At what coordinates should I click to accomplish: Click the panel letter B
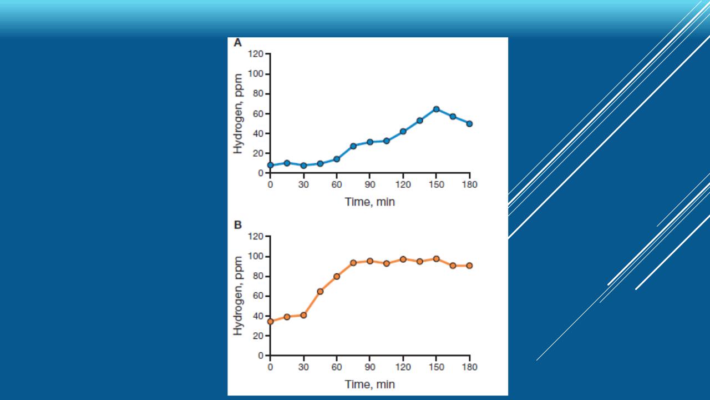click(x=237, y=226)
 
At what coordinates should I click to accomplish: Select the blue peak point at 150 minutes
click(x=436, y=109)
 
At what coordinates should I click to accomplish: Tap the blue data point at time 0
click(x=270, y=165)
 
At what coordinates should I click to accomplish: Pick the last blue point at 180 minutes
click(x=469, y=123)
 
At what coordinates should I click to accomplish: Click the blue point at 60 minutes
click(x=337, y=159)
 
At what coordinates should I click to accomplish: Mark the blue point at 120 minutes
click(x=403, y=132)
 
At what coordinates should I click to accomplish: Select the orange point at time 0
click(x=270, y=321)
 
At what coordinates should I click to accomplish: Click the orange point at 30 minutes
click(x=303, y=315)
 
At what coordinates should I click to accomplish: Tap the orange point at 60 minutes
click(x=337, y=276)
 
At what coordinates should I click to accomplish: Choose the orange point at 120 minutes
click(x=403, y=259)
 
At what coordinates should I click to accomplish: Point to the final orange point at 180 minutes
click(x=469, y=266)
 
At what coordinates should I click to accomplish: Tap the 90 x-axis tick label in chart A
click(x=370, y=184)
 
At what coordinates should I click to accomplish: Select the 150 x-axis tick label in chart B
click(x=436, y=367)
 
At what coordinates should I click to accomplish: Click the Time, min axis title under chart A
click(x=370, y=202)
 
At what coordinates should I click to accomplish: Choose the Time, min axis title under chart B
click(x=370, y=384)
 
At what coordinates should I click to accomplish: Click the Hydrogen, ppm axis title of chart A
click(x=238, y=114)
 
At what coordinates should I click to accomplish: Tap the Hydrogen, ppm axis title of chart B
click(x=238, y=296)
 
